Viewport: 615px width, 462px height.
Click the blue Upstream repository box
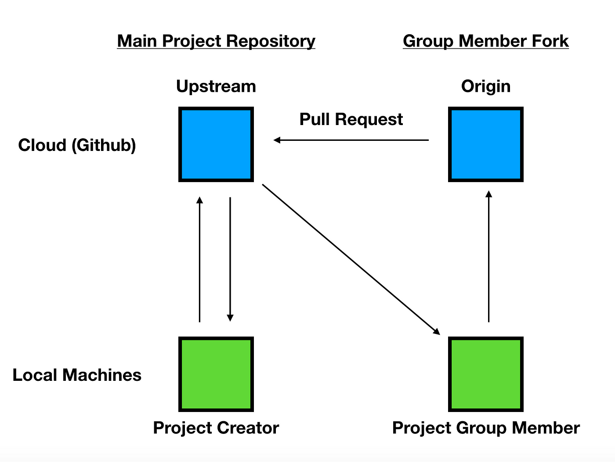pos(216,144)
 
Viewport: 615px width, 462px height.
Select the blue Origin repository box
pos(485,144)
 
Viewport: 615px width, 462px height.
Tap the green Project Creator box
pos(216,374)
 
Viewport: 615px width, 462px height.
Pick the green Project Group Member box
pos(485,374)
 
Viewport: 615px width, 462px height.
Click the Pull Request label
pos(351,119)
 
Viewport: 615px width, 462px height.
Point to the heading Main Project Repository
pos(216,41)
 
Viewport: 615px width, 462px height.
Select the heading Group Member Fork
pos(486,41)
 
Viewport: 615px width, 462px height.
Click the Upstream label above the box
pos(216,86)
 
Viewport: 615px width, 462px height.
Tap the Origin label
pos(485,86)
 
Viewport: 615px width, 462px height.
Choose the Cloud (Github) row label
pos(77,145)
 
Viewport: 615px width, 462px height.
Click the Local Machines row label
pos(77,375)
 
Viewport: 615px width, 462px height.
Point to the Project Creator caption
pos(216,428)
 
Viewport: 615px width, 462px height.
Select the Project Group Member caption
pos(486,428)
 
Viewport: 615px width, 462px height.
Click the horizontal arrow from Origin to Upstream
pos(351,140)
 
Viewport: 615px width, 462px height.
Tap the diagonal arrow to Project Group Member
pos(351,259)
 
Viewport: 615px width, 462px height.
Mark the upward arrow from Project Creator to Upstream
pos(199,259)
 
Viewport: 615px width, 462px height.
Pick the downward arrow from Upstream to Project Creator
pos(230,259)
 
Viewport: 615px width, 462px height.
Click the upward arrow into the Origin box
pos(488,256)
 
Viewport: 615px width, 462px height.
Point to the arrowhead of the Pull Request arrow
pos(277,140)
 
